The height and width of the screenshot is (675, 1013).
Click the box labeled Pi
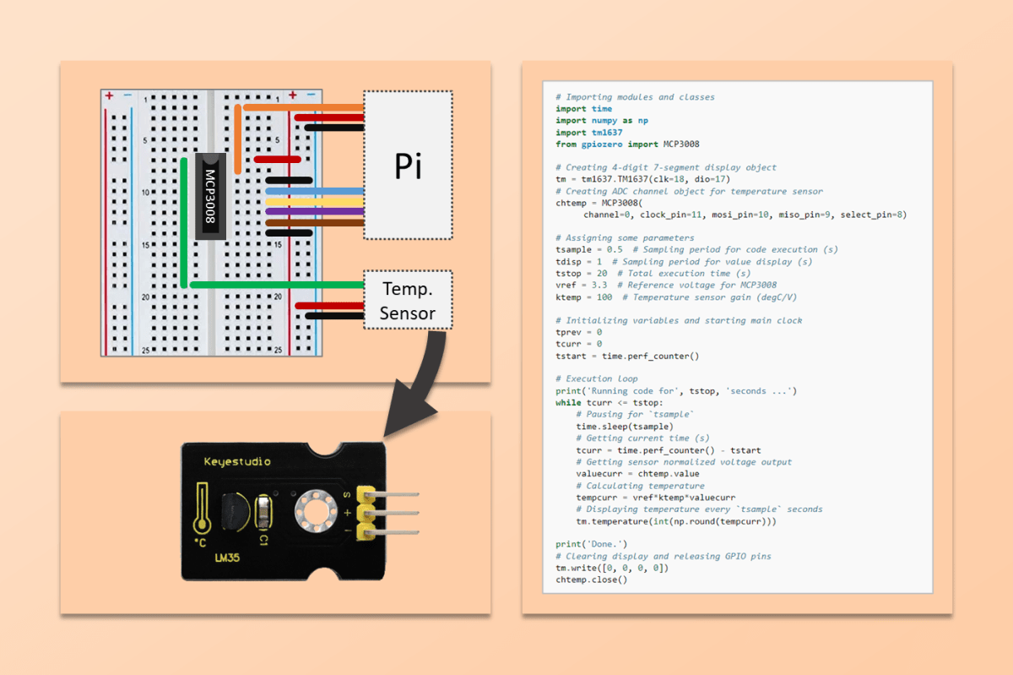point(409,166)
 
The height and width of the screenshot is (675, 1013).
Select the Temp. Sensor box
point(409,300)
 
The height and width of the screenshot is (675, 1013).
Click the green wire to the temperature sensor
point(279,286)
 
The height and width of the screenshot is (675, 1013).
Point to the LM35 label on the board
point(226,559)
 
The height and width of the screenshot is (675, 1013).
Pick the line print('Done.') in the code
point(591,544)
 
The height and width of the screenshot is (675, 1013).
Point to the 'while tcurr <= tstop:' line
point(604,403)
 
